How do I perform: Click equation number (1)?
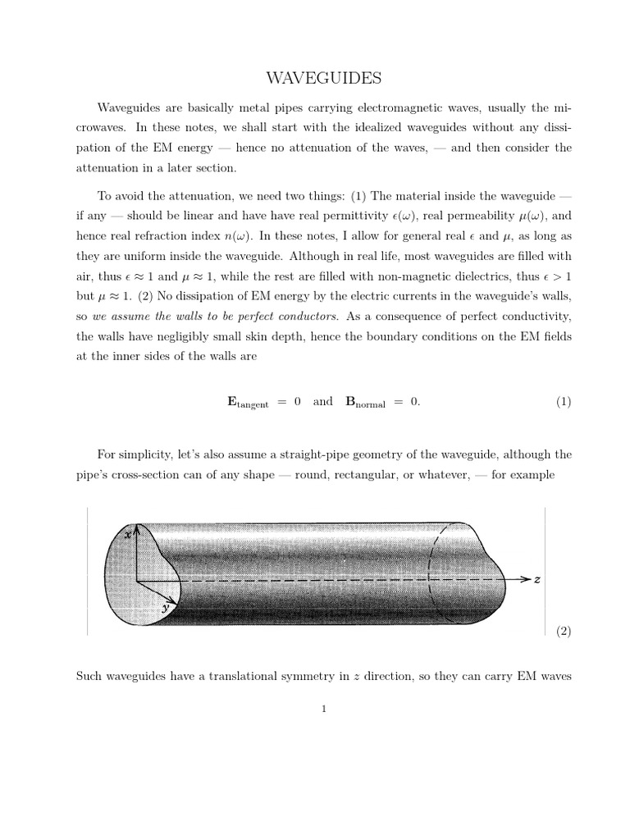(x=563, y=402)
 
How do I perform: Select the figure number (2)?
(x=563, y=631)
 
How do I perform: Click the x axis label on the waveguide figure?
(x=127, y=534)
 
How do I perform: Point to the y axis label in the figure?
(x=166, y=609)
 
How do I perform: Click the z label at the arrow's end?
(x=537, y=579)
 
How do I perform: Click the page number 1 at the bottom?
(x=325, y=710)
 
